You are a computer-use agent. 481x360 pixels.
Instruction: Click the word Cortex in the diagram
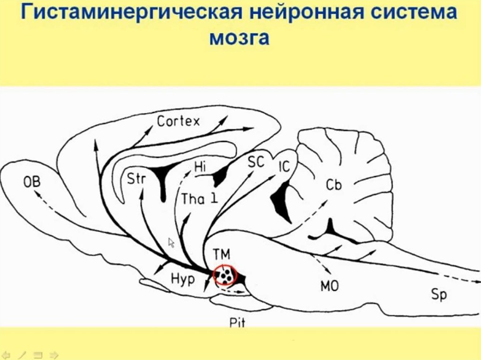[x=178, y=122]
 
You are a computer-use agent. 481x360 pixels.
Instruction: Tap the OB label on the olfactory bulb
[x=32, y=182]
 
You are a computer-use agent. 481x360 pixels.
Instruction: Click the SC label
[x=256, y=162]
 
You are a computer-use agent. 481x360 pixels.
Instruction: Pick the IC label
[x=284, y=167]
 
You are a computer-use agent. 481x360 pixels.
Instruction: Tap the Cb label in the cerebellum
[x=334, y=185]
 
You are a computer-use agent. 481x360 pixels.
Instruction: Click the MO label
[x=329, y=285]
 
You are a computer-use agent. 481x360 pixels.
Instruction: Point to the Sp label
[x=439, y=295]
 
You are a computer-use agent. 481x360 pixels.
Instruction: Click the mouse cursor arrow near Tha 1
[x=171, y=242]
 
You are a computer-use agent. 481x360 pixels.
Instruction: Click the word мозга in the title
[x=239, y=38]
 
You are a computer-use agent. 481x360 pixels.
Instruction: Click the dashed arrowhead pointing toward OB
[x=37, y=191]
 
